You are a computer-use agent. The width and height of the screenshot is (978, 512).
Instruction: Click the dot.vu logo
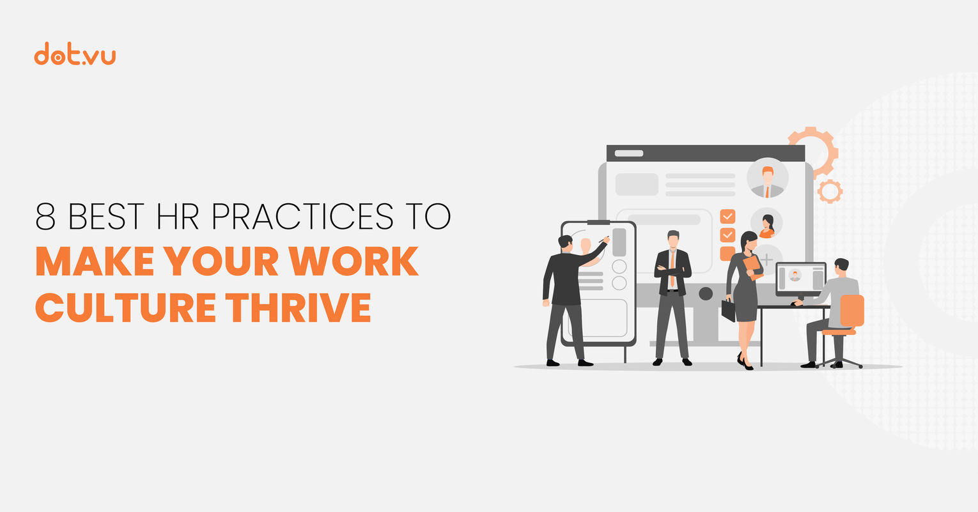tap(75, 54)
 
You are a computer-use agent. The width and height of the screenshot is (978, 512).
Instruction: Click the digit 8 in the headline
tap(46, 217)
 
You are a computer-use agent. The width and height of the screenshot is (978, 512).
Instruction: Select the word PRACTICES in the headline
tap(302, 217)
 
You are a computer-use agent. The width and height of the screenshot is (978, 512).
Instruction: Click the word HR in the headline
tap(178, 217)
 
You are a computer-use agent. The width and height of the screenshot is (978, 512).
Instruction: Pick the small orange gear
tap(830, 191)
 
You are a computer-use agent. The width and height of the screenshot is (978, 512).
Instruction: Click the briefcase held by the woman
tap(728, 310)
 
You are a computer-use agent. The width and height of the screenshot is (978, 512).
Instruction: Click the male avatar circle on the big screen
tap(767, 178)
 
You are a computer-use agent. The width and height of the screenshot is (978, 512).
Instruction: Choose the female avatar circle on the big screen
tap(766, 223)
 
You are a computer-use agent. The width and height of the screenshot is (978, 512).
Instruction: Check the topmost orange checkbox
tap(727, 216)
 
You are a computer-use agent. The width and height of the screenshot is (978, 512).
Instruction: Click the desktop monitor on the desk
tap(800, 279)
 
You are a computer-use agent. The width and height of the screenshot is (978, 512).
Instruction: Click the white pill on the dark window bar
tap(629, 153)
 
